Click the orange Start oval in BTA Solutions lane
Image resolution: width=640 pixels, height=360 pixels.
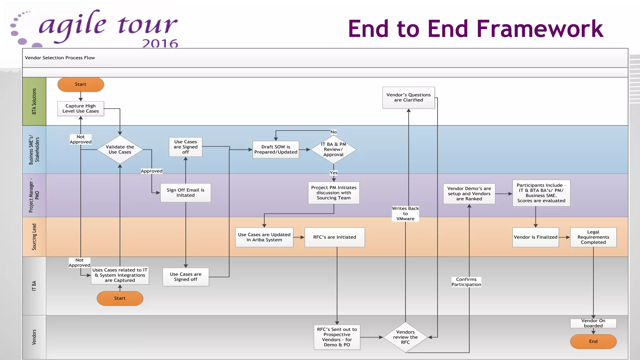pyautogui.click(x=81, y=84)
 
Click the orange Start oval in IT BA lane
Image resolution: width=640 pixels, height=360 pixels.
pyautogui.click(x=120, y=298)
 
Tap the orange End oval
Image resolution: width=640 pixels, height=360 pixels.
pyautogui.click(x=593, y=341)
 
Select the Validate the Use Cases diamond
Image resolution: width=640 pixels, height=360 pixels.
pyautogui.click(x=120, y=149)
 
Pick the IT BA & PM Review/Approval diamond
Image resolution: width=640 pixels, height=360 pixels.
pyautogui.click(x=333, y=149)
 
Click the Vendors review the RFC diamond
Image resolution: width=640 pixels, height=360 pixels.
pyautogui.click(x=405, y=337)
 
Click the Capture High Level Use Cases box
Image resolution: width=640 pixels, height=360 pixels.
pyautogui.click(x=81, y=108)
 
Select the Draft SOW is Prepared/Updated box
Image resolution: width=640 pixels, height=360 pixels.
pyautogui.click(x=276, y=149)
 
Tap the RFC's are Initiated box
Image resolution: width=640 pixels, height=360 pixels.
pyautogui.click(x=334, y=237)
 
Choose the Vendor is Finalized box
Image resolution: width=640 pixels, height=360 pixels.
pyautogui.click(x=535, y=237)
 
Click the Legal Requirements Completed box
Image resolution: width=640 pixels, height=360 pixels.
pyautogui.click(x=593, y=237)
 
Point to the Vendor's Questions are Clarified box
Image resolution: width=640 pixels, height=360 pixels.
pyautogui.click(x=408, y=97)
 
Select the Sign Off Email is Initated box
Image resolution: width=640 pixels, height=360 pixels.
pyautogui.click(x=185, y=192)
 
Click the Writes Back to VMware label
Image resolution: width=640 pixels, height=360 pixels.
pyautogui.click(x=405, y=213)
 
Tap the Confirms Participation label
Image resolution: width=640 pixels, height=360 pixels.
pyautogui.click(x=466, y=282)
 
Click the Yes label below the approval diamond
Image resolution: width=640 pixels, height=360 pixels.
pyautogui.click(x=333, y=173)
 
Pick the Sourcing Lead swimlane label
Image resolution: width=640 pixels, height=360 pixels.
pyautogui.click(x=34, y=237)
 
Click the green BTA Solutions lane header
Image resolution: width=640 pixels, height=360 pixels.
pyautogui.click(x=34, y=101)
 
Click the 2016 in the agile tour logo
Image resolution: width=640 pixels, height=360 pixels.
pyautogui.click(x=160, y=43)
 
